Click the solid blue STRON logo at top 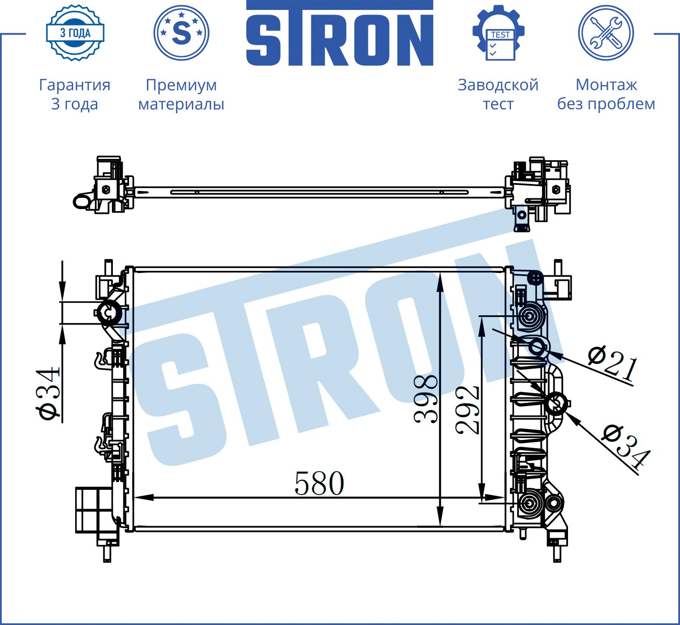pos(340,33)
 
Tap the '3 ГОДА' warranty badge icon pos(75,33)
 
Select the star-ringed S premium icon pos(181,33)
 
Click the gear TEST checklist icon pos(498,33)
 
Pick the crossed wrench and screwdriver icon pos(606,33)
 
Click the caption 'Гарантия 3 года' pos(75,94)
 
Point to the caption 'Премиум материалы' pos(181,94)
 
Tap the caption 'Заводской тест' pos(498,94)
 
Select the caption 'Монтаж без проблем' pos(606,94)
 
